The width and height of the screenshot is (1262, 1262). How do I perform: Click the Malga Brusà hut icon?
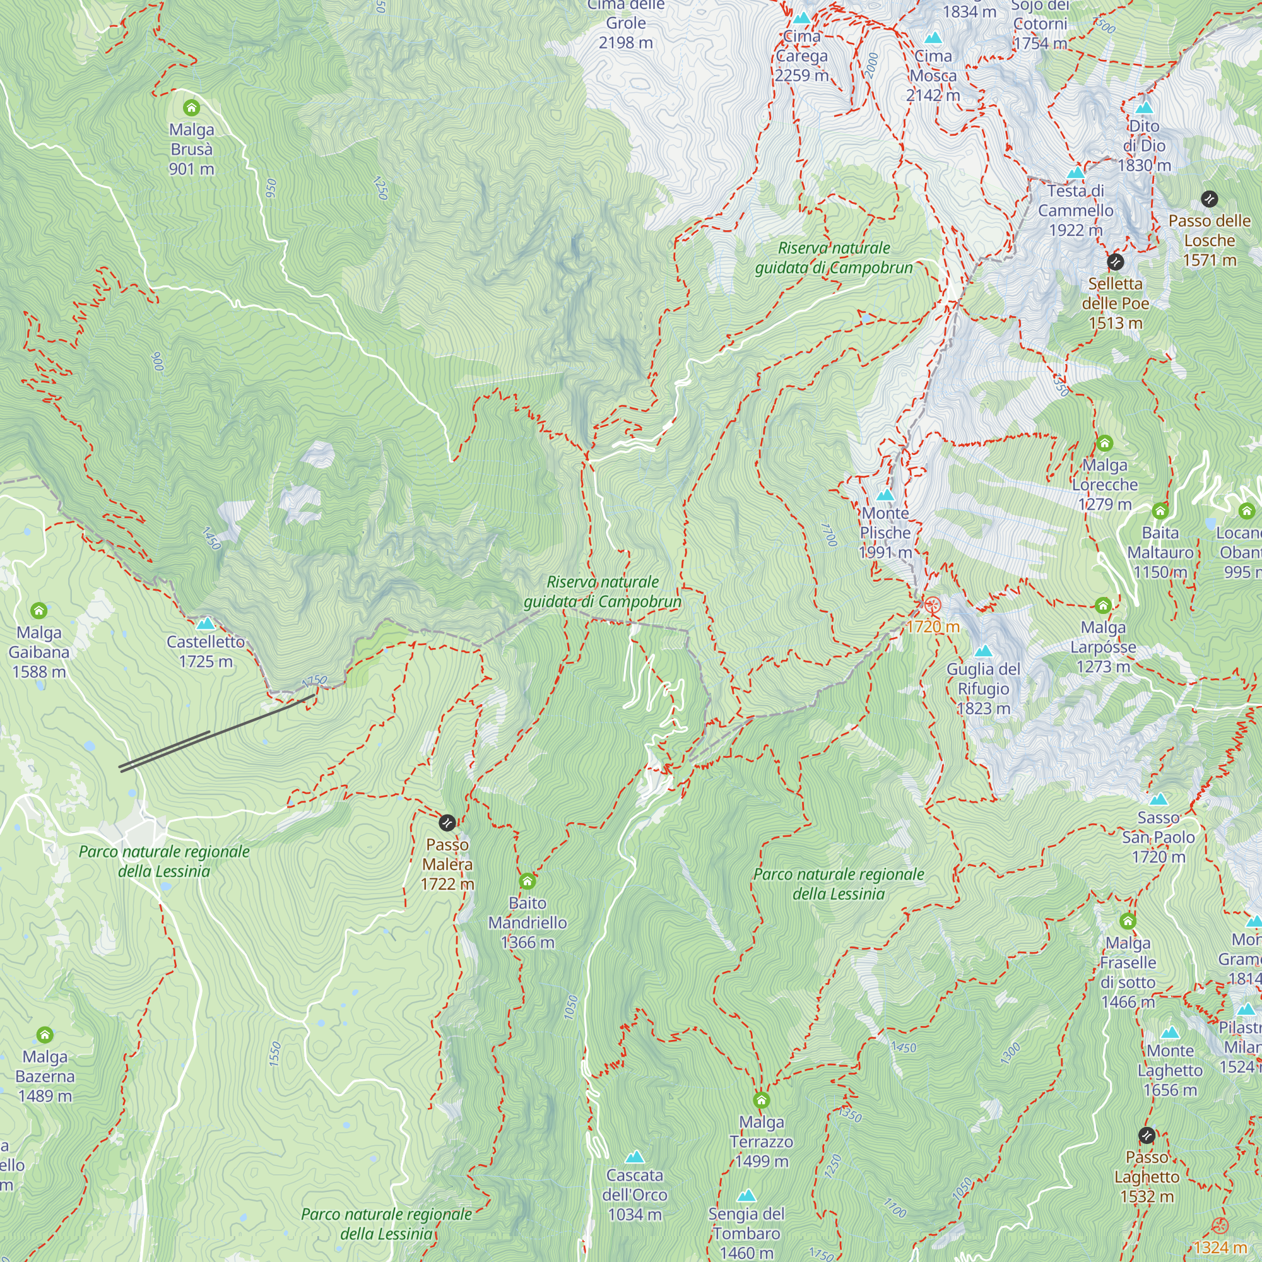click(x=191, y=107)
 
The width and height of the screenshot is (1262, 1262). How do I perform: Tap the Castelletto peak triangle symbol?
click(x=206, y=624)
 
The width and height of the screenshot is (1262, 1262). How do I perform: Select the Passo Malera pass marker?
click(x=447, y=822)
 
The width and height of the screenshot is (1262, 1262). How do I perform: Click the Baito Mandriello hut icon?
click(x=527, y=881)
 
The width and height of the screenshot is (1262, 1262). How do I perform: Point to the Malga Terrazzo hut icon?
click(x=761, y=1100)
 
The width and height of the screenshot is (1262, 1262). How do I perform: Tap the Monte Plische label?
click(x=885, y=533)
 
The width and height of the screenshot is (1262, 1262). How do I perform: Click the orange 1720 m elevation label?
click(x=933, y=627)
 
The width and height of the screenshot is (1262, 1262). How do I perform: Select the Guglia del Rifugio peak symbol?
click(x=983, y=651)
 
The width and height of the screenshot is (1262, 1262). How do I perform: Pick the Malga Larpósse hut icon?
click(x=1103, y=606)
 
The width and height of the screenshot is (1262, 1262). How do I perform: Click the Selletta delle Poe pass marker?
click(x=1115, y=262)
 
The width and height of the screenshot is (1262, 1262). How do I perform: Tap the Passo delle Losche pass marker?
click(x=1209, y=199)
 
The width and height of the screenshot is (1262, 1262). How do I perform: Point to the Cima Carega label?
click(x=801, y=56)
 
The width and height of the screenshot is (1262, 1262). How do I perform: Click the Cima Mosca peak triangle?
click(x=933, y=38)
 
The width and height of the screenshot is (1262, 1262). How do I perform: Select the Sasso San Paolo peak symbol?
click(x=1158, y=799)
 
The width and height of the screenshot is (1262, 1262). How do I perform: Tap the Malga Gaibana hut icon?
click(x=38, y=611)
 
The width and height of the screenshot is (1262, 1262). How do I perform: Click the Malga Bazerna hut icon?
click(x=44, y=1035)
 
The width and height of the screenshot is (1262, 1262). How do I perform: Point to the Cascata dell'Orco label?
click(x=634, y=1194)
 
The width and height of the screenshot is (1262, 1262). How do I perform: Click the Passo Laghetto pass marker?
click(x=1147, y=1135)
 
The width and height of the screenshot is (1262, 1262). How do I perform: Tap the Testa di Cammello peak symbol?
click(x=1076, y=174)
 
